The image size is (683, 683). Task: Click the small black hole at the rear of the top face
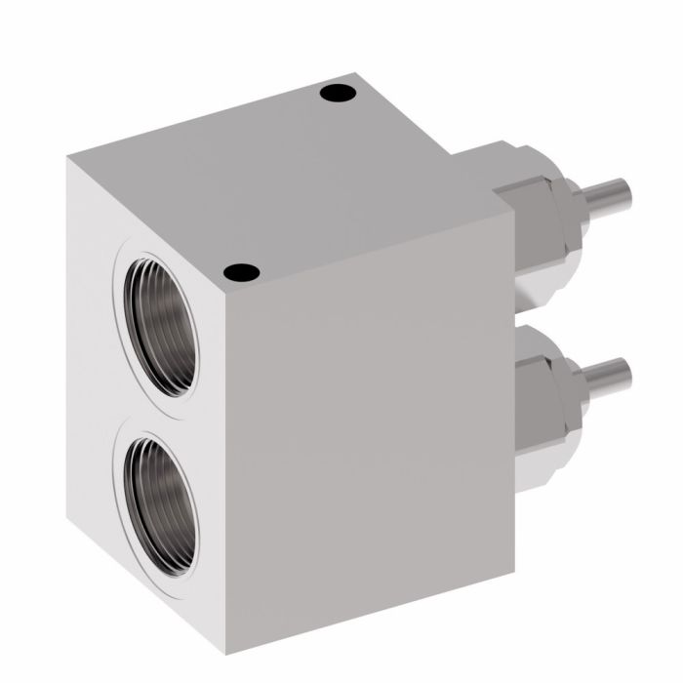coord(338,95)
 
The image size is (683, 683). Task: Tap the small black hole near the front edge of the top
coord(240,273)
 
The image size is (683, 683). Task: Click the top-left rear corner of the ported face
coord(68,158)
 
